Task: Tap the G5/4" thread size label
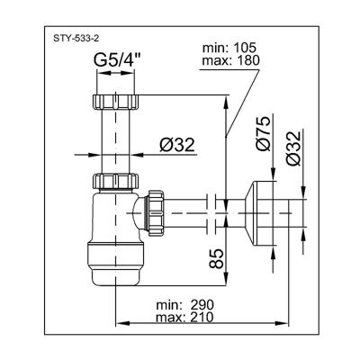pyautogui.click(x=117, y=60)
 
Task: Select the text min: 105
pyautogui.click(x=229, y=48)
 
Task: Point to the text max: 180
pyautogui.click(x=230, y=61)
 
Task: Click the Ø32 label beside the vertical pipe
pyautogui.click(x=177, y=146)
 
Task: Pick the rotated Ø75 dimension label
pyautogui.click(x=264, y=133)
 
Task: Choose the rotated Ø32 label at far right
pyautogui.click(x=293, y=148)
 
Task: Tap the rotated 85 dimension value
pyautogui.click(x=216, y=258)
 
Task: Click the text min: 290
pyautogui.click(x=185, y=305)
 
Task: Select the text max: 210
pyautogui.click(x=184, y=318)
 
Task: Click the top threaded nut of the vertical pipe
pyautogui.click(x=115, y=102)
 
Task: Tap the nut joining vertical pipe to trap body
pyautogui.click(x=115, y=181)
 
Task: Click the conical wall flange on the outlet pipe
pyautogui.click(x=259, y=213)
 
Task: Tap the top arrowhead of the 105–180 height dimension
pyautogui.click(x=226, y=102)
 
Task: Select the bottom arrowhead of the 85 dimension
pyautogui.click(x=226, y=279)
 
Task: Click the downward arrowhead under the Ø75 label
pyautogui.click(x=273, y=175)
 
